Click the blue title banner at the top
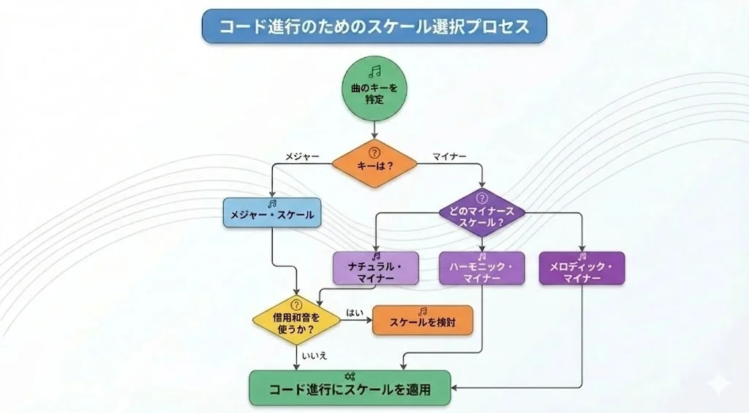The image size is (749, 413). click(374, 26)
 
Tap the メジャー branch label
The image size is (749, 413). click(303, 156)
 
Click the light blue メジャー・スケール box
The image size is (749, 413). click(271, 215)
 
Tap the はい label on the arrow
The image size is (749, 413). click(355, 311)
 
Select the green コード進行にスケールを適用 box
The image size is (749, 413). click(350, 389)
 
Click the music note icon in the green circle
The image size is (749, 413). click(374, 71)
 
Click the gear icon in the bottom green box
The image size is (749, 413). click(350, 376)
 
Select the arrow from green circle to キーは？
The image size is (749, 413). click(374, 130)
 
